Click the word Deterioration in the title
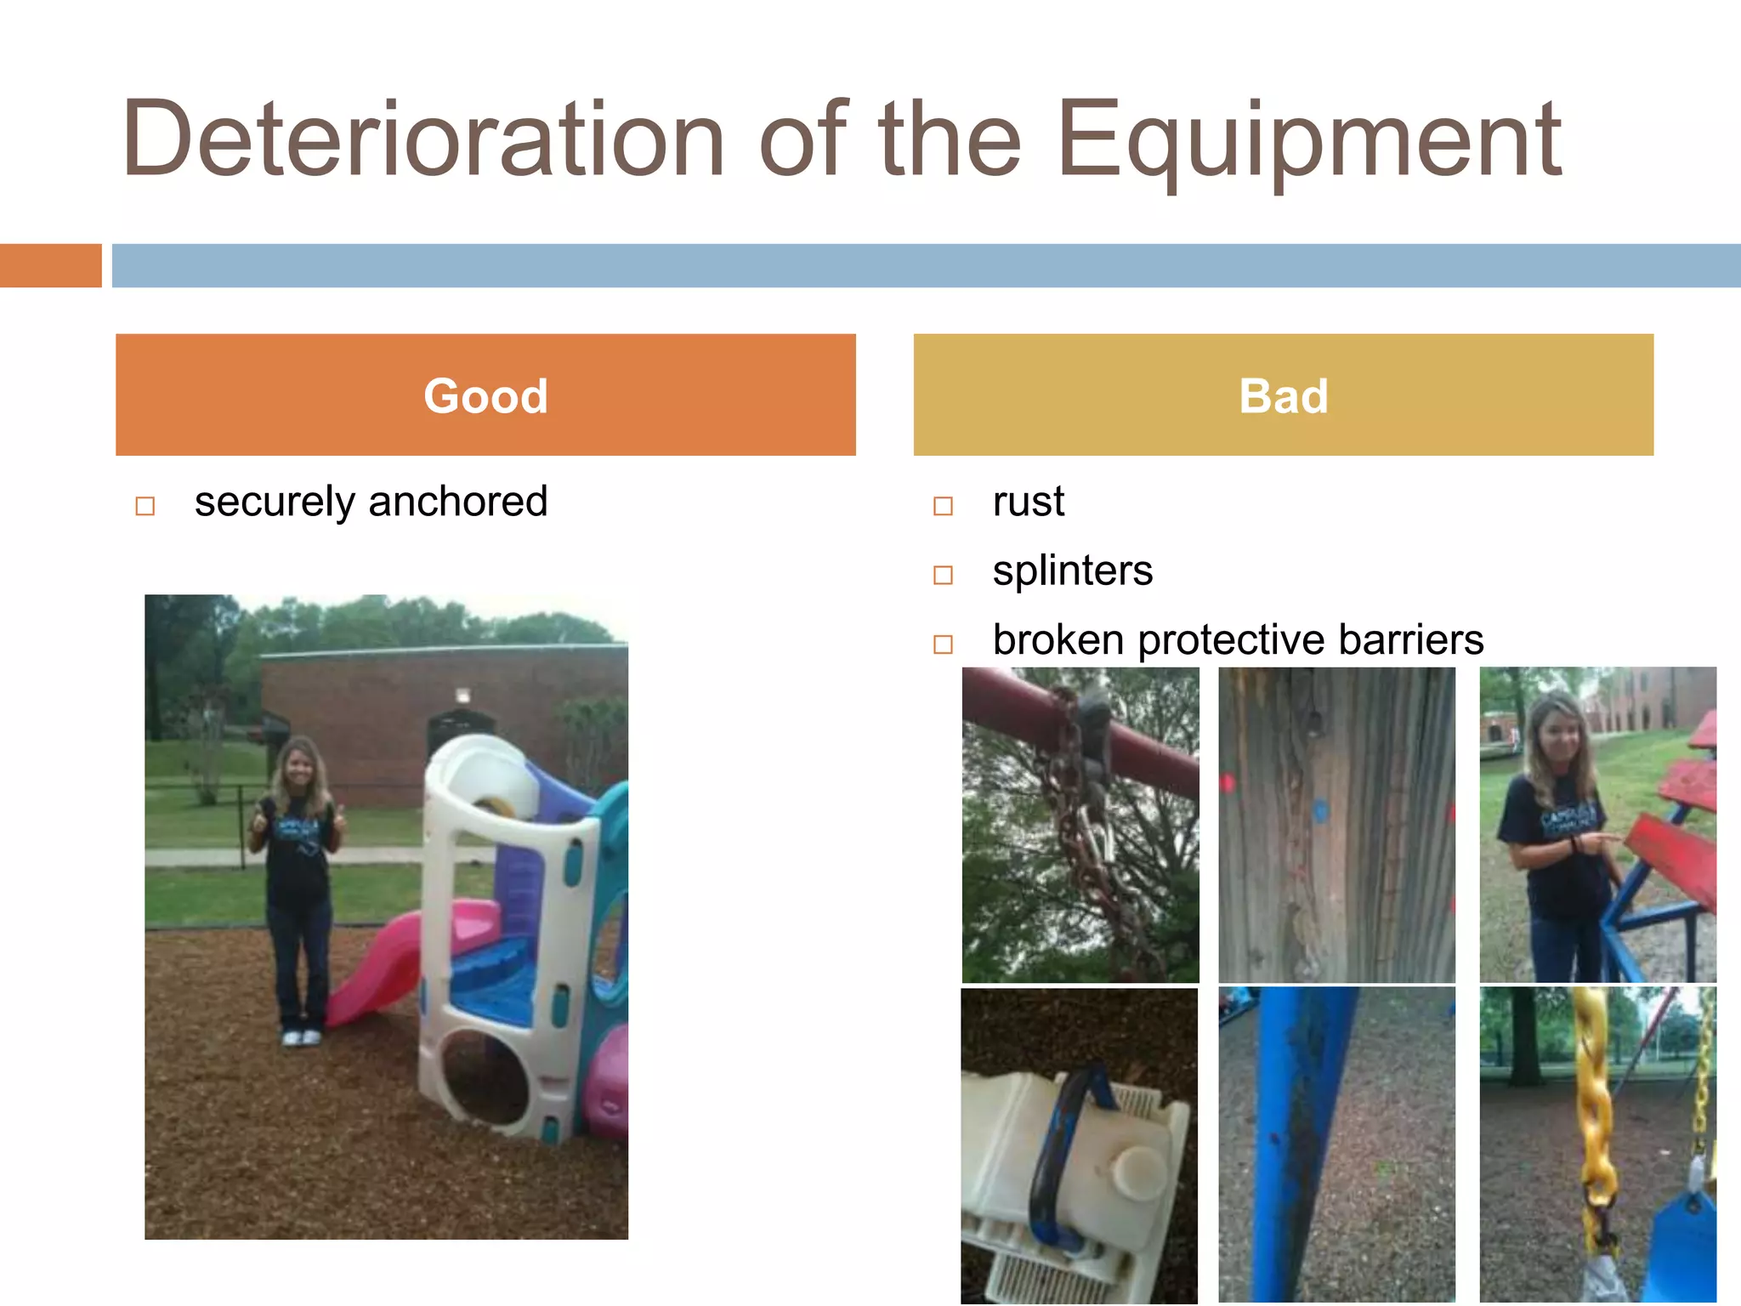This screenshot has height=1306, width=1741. click(422, 140)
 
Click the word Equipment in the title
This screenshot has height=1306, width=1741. click(1309, 140)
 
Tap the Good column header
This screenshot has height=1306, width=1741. click(485, 395)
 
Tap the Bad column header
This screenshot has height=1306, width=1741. click(1283, 395)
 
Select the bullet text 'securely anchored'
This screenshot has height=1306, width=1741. click(371, 502)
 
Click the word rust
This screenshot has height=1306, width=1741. click(1028, 502)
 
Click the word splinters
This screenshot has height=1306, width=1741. click(1072, 571)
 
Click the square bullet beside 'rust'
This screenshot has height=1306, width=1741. click(943, 506)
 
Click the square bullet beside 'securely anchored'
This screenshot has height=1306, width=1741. click(145, 506)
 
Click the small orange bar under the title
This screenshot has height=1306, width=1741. click(50, 265)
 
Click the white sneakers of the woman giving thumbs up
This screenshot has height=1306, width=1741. click(302, 1037)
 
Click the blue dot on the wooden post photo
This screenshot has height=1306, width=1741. click(1320, 809)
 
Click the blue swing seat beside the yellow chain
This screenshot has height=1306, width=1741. click(1683, 1250)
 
